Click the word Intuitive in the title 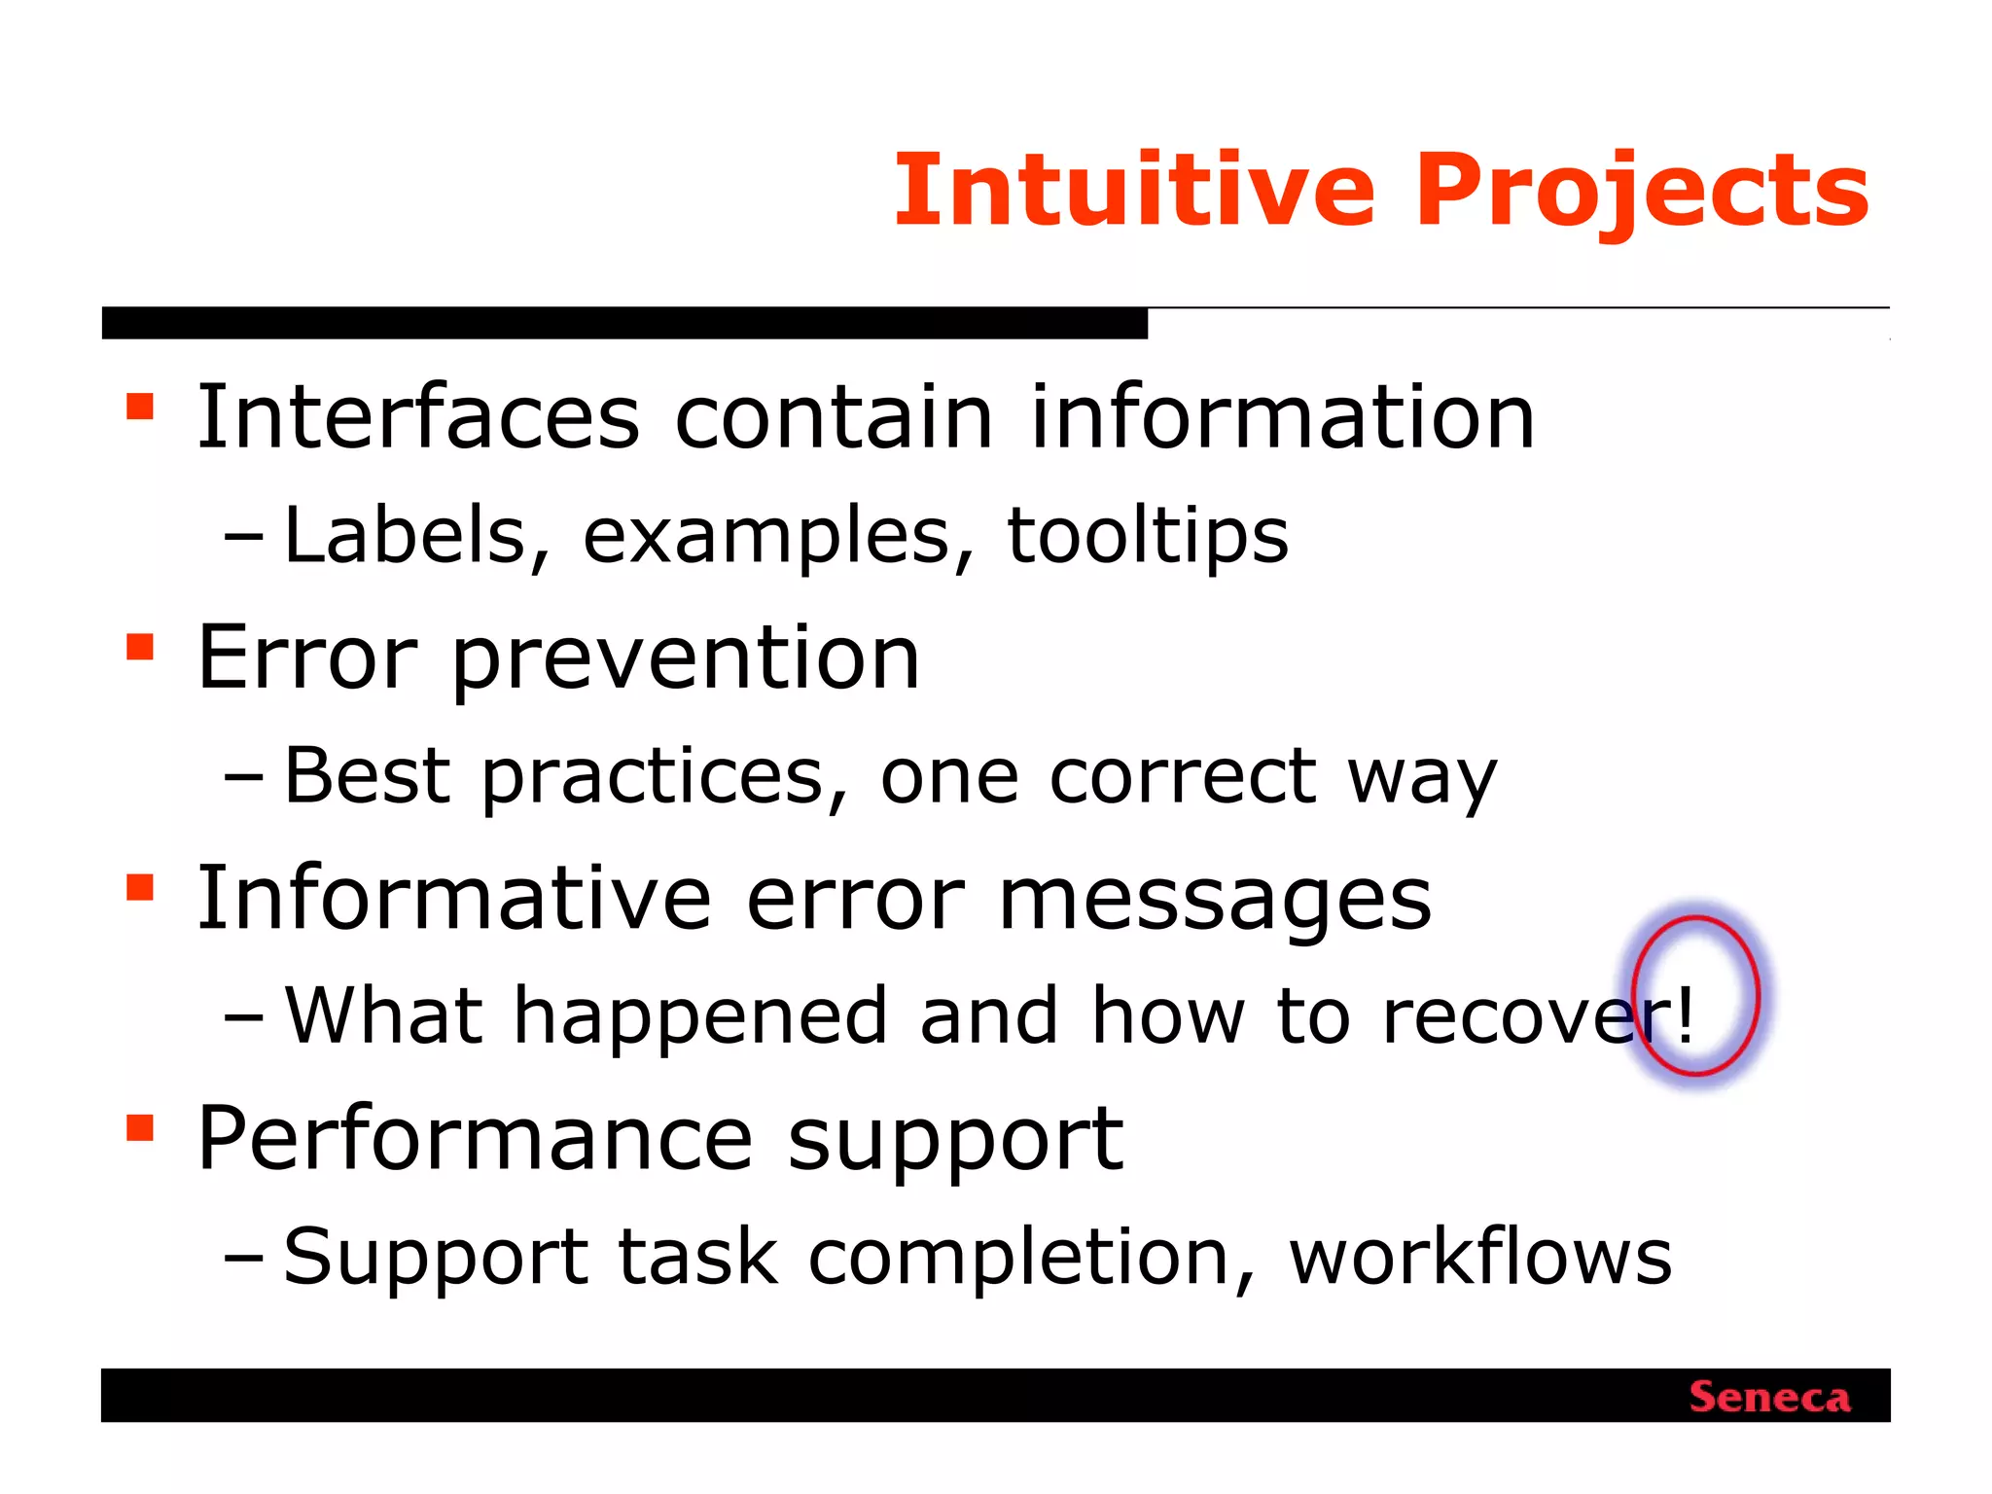[1134, 191]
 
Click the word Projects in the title [1642, 193]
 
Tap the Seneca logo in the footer [1769, 1398]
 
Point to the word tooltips [1148, 536]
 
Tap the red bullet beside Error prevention [140, 647]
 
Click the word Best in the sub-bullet [367, 775]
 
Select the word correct [1183, 776]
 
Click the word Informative [454, 898]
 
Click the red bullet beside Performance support [140, 1127]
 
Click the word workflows [1480, 1256]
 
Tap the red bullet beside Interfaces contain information [140, 406]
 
